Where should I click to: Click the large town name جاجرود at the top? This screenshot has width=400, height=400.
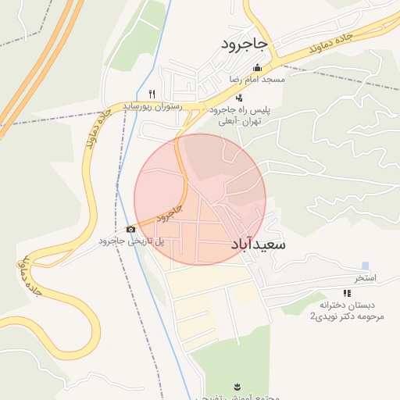coord(245,45)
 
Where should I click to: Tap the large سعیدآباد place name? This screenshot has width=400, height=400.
coord(259,245)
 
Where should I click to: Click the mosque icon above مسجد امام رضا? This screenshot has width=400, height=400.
coord(258,68)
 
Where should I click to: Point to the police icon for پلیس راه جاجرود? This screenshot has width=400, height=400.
coord(238,98)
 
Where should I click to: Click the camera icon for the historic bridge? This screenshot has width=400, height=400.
coord(130,229)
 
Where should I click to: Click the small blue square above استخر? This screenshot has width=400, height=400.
coord(365,266)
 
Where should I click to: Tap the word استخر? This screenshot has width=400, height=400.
coord(365,277)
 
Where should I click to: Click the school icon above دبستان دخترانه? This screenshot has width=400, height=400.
coord(346,293)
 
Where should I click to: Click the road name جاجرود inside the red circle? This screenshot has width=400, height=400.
coord(169,212)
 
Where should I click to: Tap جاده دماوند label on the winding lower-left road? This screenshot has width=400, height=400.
coord(30,273)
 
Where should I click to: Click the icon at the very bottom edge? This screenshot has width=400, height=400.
coord(237,387)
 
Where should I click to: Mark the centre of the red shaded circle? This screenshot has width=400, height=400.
coord(200,199)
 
